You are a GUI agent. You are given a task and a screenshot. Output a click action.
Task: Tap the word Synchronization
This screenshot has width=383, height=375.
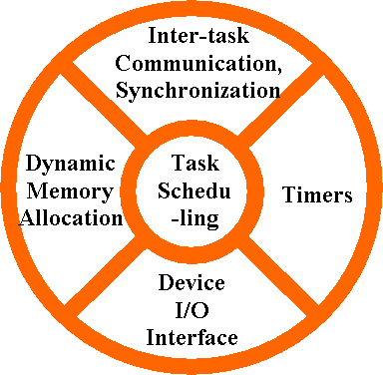coord(195,90)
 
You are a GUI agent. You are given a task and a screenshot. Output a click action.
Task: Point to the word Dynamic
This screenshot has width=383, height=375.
coord(71,164)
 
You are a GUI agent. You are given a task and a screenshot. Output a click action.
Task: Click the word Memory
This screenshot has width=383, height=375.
coord(71,190)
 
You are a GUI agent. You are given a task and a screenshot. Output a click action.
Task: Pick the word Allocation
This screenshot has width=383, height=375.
coord(71,217)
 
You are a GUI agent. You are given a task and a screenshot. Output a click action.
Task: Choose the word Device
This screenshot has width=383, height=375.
coord(191,282)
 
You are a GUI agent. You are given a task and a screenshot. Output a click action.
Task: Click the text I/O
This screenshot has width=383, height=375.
coord(191,309)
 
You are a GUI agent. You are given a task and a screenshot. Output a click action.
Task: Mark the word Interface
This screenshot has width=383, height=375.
coord(191,336)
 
